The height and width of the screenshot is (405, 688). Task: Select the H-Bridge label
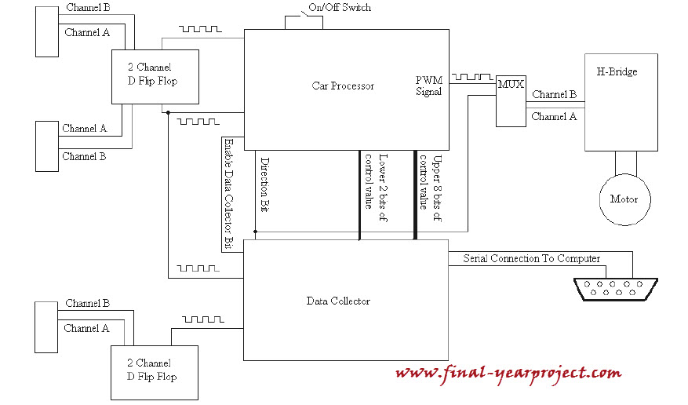click(617, 71)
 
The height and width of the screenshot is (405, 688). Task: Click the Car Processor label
click(343, 86)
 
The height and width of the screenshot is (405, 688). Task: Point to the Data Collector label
click(338, 301)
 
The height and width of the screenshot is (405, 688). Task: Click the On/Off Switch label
click(340, 8)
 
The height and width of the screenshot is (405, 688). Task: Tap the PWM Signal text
click(429, 86)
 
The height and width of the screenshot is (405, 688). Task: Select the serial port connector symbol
click(616, 290)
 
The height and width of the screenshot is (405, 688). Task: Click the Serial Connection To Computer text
click(531, 258)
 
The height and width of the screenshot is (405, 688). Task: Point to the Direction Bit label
click(264, 184)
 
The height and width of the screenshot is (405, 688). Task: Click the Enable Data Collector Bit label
click(228, 194)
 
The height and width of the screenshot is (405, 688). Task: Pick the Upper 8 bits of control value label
click(431, 188)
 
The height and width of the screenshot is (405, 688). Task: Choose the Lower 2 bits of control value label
click(377, 188)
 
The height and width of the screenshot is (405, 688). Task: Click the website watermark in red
click(508, 374)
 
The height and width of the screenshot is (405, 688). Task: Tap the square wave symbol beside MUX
click(472, 77)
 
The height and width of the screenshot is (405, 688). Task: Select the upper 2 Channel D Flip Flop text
click(152, 74)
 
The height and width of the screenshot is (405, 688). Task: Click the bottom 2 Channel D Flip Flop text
click(152, 370)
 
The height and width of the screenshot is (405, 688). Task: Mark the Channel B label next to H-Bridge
click(554, 94)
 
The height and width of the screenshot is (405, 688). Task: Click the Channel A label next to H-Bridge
click(554, 117)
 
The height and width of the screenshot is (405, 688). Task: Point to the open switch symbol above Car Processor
click(304, 16)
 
